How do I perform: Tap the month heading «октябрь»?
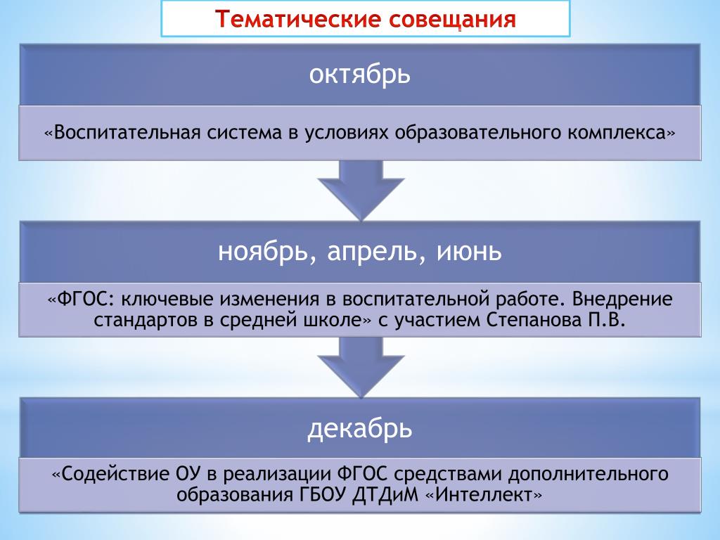[359, 74]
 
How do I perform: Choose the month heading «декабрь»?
[359, 428]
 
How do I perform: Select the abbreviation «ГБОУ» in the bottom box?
[321, 494]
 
